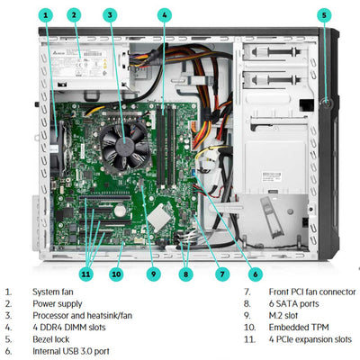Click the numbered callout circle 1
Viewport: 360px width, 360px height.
coord(46,15)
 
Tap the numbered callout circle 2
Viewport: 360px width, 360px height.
coord(74,15)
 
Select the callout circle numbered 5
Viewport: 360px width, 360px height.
coord(324,15)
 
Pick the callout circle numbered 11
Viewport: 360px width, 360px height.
coord(86,274)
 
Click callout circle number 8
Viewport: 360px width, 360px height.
coord(185,274)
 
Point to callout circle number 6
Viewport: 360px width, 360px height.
coord(256,274)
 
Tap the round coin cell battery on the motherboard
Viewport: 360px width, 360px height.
coord(120,211)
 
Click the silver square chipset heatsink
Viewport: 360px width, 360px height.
coord(159,218)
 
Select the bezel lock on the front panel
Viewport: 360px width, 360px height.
coord(327,103)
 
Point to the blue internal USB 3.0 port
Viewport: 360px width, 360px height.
coord(193,174)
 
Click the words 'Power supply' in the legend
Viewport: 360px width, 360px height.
coord(58,303)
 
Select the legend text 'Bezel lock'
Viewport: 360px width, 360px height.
coord(51,339)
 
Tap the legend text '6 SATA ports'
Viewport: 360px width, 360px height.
coord(293,303)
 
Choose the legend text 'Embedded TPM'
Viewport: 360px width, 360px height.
coord(299,328)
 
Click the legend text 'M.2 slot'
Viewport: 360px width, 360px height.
coord(283,316)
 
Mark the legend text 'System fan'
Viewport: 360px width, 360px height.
coord(53,292)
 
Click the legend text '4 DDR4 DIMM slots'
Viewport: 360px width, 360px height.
coord(69,328)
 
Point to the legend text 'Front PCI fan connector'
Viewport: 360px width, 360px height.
coord(312,292)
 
